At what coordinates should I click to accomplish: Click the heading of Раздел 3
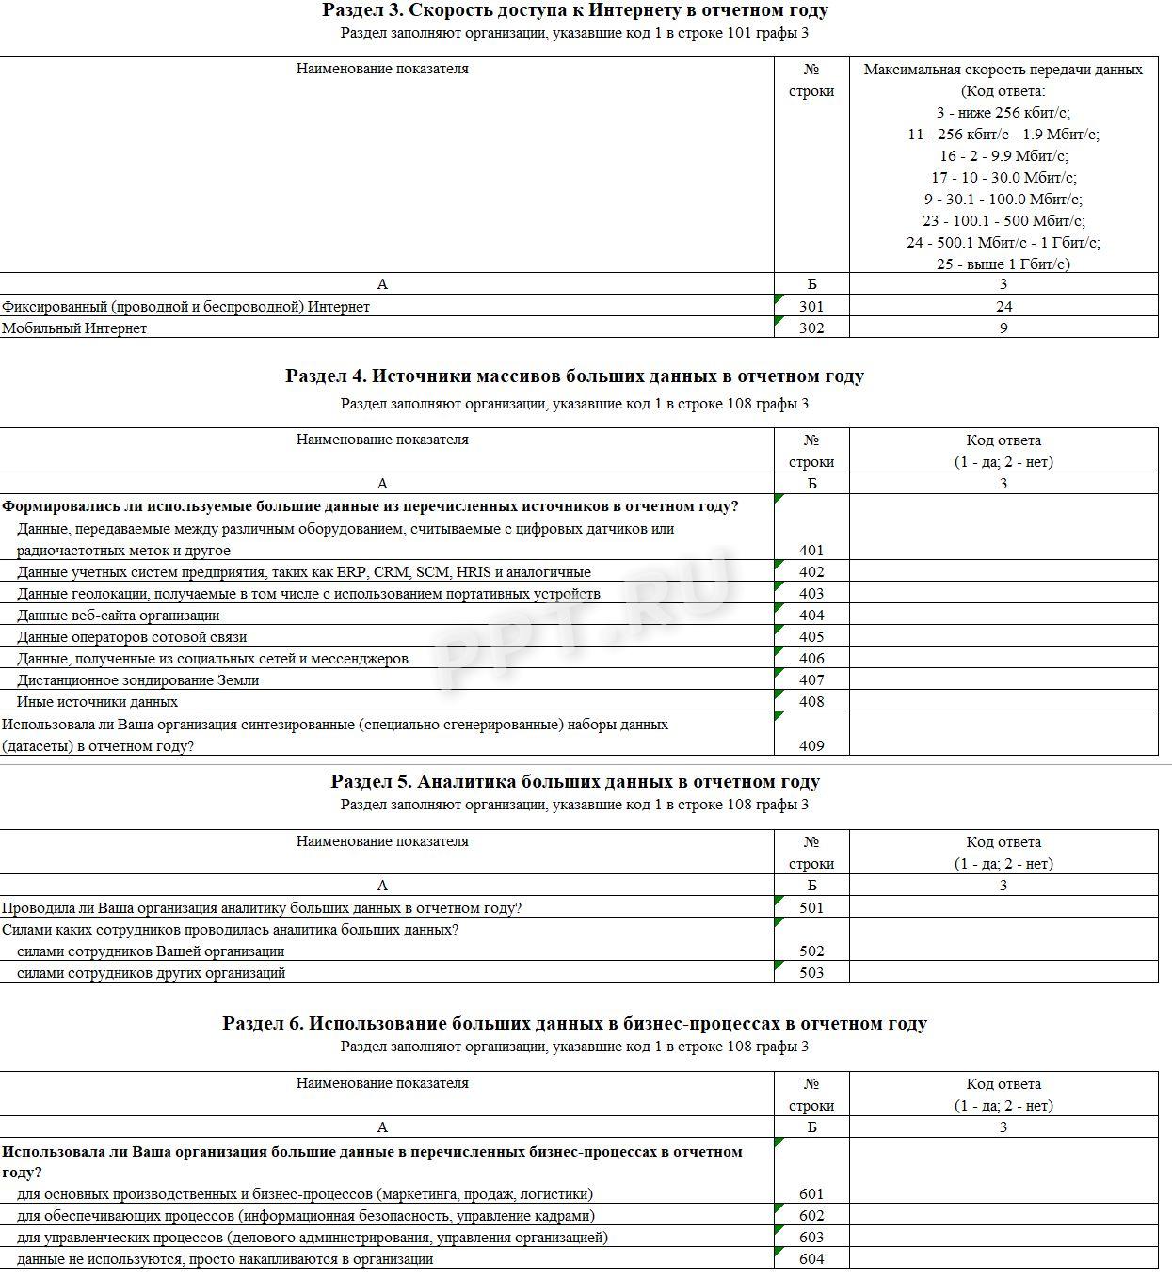point(574,10)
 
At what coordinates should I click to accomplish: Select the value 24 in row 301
point(1003,307)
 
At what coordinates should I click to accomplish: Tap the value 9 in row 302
point(1003,328)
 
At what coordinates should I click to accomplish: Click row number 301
point(811,307)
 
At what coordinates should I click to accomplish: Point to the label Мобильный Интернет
point(74,328)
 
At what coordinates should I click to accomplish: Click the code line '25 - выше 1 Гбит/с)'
point(1003,264)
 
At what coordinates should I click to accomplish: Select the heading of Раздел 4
point(574,376)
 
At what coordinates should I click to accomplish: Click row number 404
point(811,616)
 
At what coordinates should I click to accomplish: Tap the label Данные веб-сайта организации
point(119,616)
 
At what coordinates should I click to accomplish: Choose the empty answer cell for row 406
point(1003,659)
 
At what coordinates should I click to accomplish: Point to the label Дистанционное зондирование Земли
point(137,680)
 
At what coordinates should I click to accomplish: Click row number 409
point(811,746)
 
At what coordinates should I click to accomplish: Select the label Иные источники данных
point(97,702)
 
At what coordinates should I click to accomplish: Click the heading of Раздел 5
point(574,782)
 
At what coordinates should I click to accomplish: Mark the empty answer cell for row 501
point(1003,908)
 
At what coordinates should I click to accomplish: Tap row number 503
point(811,973)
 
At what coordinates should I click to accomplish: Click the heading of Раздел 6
point(574,1024)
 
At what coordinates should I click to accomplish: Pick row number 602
point(811,1216)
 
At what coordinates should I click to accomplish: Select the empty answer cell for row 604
point(1003,1259)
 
